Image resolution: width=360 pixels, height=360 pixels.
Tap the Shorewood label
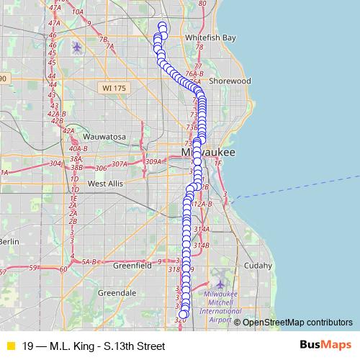click(x=230, y=81)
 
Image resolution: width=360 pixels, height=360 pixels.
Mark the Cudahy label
click(x=258, y=265)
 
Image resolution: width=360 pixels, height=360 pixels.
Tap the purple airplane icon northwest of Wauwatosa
click(x=77, y=48)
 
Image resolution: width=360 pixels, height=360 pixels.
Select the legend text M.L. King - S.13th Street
click(x=94, y=346)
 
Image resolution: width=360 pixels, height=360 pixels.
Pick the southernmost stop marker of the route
click(x=184, y=313)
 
